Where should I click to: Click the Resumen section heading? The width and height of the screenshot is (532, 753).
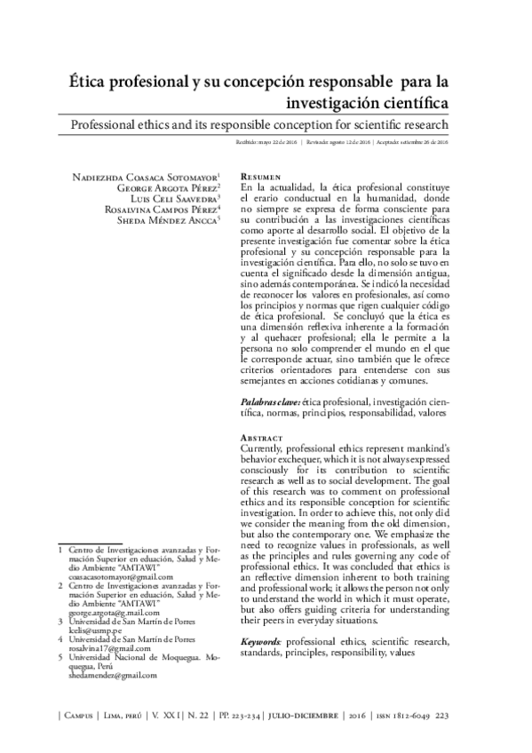[262, 178]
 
